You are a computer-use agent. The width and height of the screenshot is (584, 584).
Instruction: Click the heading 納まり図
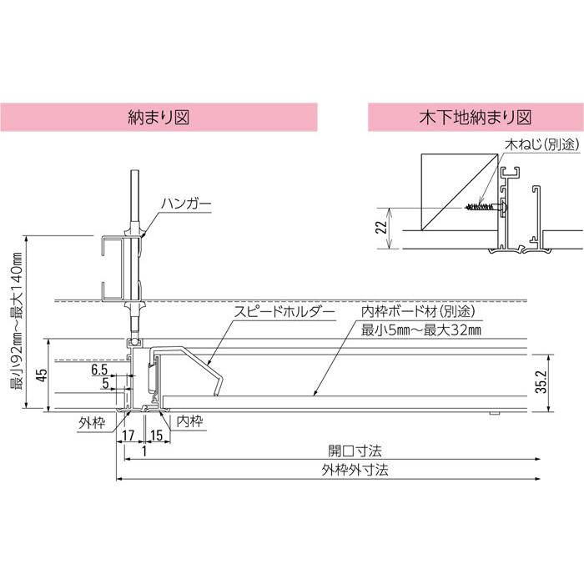point(159,118)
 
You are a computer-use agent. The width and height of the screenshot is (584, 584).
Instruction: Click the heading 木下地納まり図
point(476,118)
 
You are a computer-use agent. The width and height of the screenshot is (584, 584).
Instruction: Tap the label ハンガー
point(186,204)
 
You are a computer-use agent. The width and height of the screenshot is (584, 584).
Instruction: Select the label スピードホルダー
point(284,312)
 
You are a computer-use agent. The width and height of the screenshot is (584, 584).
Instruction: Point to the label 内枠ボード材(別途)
point(418,311)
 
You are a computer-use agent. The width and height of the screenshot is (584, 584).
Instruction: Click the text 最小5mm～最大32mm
point(421,330)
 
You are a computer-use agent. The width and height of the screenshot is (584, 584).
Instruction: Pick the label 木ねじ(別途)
point(542,144)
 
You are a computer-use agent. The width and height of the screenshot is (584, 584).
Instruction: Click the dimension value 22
point(381,227)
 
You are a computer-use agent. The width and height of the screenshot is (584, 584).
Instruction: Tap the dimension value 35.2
point(542,382)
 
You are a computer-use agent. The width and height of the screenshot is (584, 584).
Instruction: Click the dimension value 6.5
point(99,370)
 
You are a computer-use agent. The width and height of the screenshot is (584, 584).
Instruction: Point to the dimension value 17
point(128,435)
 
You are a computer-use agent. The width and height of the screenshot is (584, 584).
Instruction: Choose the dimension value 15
point(157,435)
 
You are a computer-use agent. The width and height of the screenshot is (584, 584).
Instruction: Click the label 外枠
point(92,423)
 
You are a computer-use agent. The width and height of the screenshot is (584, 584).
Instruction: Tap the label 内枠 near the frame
point(189,421)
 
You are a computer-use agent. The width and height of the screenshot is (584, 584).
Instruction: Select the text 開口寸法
point(355,451)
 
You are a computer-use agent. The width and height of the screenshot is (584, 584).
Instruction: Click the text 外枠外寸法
point(355,470)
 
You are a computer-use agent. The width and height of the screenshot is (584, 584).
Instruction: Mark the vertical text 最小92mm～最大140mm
point(17,320)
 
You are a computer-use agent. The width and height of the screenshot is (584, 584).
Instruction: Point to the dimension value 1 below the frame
point(144,451)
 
